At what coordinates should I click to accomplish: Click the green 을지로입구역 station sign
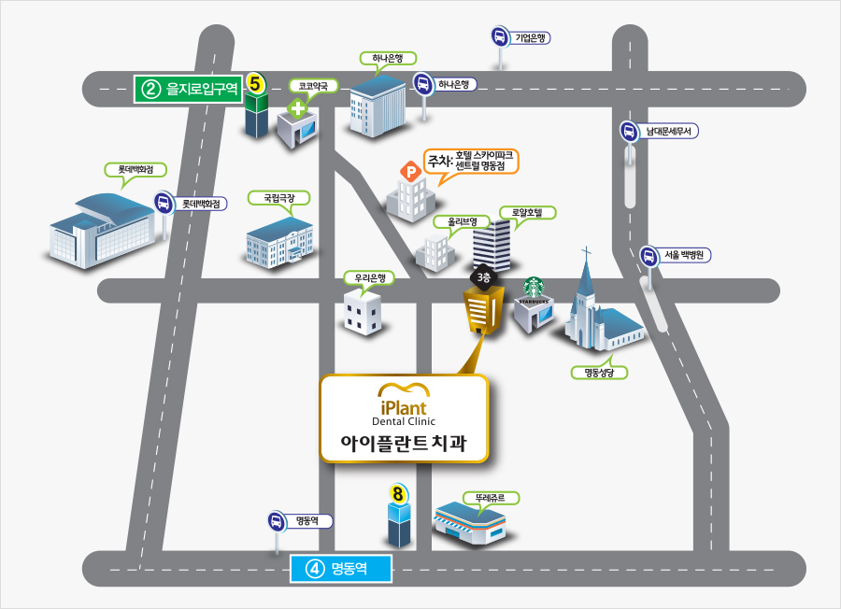pos(188,89)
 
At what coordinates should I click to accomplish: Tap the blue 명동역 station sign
pos(340,568)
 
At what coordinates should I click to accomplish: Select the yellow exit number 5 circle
pos(255,84)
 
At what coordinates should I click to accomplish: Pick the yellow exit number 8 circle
pos(397,494)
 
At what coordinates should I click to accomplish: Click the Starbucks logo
pos(534,288)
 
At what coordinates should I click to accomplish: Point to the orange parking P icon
pos(411,172)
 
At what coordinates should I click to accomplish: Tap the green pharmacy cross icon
pos(297,109)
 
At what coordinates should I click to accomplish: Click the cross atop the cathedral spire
pos(586,252)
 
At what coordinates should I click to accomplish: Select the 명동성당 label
pos(599,373)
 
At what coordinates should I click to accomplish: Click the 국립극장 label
pos(278,198)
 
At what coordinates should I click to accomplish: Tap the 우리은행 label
pos(369,277)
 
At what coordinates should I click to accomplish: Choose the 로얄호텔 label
pos(527,212)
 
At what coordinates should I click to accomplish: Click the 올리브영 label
pos(463,221)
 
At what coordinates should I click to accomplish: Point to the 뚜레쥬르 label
pos(491,498)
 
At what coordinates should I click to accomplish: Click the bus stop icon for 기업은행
pos(500,37)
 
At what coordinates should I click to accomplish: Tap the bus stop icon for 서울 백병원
pos(649,256)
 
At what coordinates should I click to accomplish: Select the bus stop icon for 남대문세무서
pos(629,132)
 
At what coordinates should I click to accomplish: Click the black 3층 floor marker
pos(484,277)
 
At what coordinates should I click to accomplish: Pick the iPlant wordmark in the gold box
pos(404,408)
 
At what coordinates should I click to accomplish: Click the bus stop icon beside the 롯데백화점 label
pos(164,204)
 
